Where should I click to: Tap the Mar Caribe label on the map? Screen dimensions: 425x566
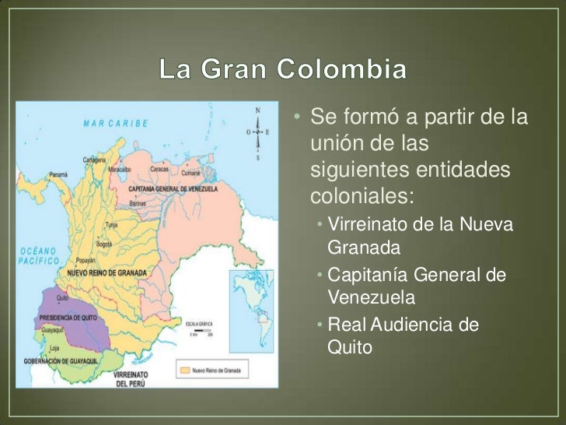106,122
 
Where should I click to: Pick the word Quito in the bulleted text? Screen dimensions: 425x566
350,347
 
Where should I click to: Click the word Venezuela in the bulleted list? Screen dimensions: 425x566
372,297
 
